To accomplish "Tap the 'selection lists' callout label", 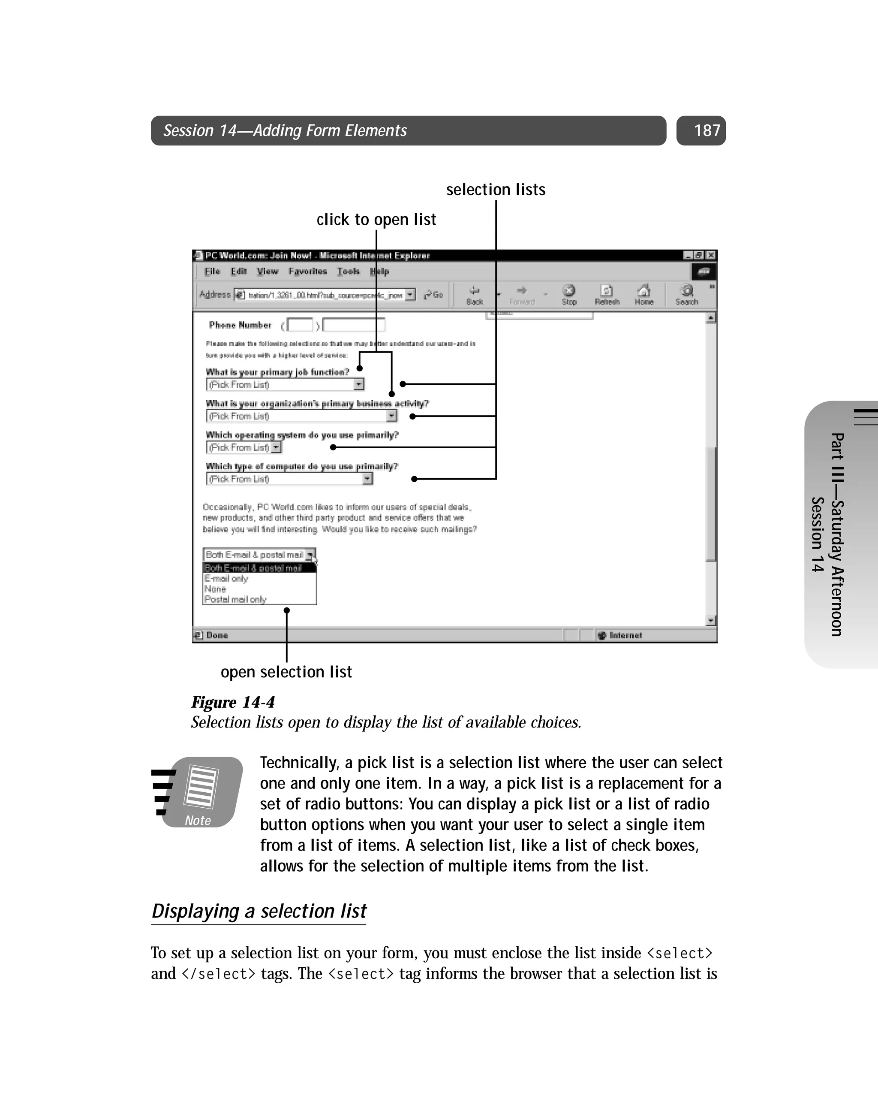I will coord(495,190).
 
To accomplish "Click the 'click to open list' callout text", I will coord(376,220).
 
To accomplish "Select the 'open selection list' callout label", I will coord(286,672).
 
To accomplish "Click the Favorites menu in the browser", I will coord(307,271).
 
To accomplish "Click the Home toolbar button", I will coord(643,295).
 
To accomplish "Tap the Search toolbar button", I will coord(686,295).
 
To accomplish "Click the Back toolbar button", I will coord(475,295).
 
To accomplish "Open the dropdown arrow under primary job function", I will coord(359,384).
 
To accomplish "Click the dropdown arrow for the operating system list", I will coord(276,447).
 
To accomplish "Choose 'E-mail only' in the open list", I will coord(226,579).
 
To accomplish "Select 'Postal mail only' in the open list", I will coord(235,599).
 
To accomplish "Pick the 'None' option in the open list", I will coord(215,589).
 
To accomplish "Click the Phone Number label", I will coord(240,325).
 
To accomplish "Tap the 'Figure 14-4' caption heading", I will coord(233,702).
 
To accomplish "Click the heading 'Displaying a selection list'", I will coord(259,911).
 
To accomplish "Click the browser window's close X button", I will coord(711,255).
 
